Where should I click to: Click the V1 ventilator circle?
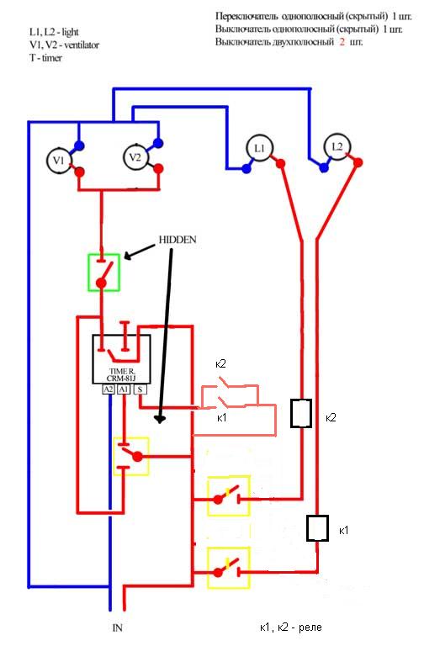pyautogui.click(x=60, y=160)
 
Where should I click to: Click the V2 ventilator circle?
pyautogui.click(x=136, y=157)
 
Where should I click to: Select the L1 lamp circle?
pyautogui.click(x=260, y=148)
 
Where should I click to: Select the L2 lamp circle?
pyautogui.click(x=337, y=146)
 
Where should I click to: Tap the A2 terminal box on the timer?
pyautogui.click(x=109, y=389)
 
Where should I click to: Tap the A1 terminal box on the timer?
pyautogui.click(x=124, y=389)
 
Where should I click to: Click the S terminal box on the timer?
pyautogui.click(x=140, y=389)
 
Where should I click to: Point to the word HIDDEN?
pyautogui.click(x=178, y=240)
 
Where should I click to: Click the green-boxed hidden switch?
pyautogui.click(x=103, y=273)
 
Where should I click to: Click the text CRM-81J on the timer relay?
pyautogui.click(x=121, y=379)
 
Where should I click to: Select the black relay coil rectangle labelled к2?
pyautogui.click(x=301, y=413)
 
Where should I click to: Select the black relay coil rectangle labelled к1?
pyautogui.click(x=317, y=528)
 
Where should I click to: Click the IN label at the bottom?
pyautogui.click(x=118, y=627)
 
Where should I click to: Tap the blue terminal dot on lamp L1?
pyautogui.click(x=246, y=168)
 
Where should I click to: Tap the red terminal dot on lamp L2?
pyautogui.click(x=358, y=162)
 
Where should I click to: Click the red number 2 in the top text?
pyautogui.click(x=342, y=41)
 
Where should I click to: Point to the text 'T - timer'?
pyautogui.click(x=45, y=58)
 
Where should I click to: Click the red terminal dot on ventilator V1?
pyautogui.click(x=79, y=172)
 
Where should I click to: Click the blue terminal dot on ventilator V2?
pyautogui.click(x=158, y=143)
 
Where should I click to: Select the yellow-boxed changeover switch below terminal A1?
pyautogui.click(x=131, y=456)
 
